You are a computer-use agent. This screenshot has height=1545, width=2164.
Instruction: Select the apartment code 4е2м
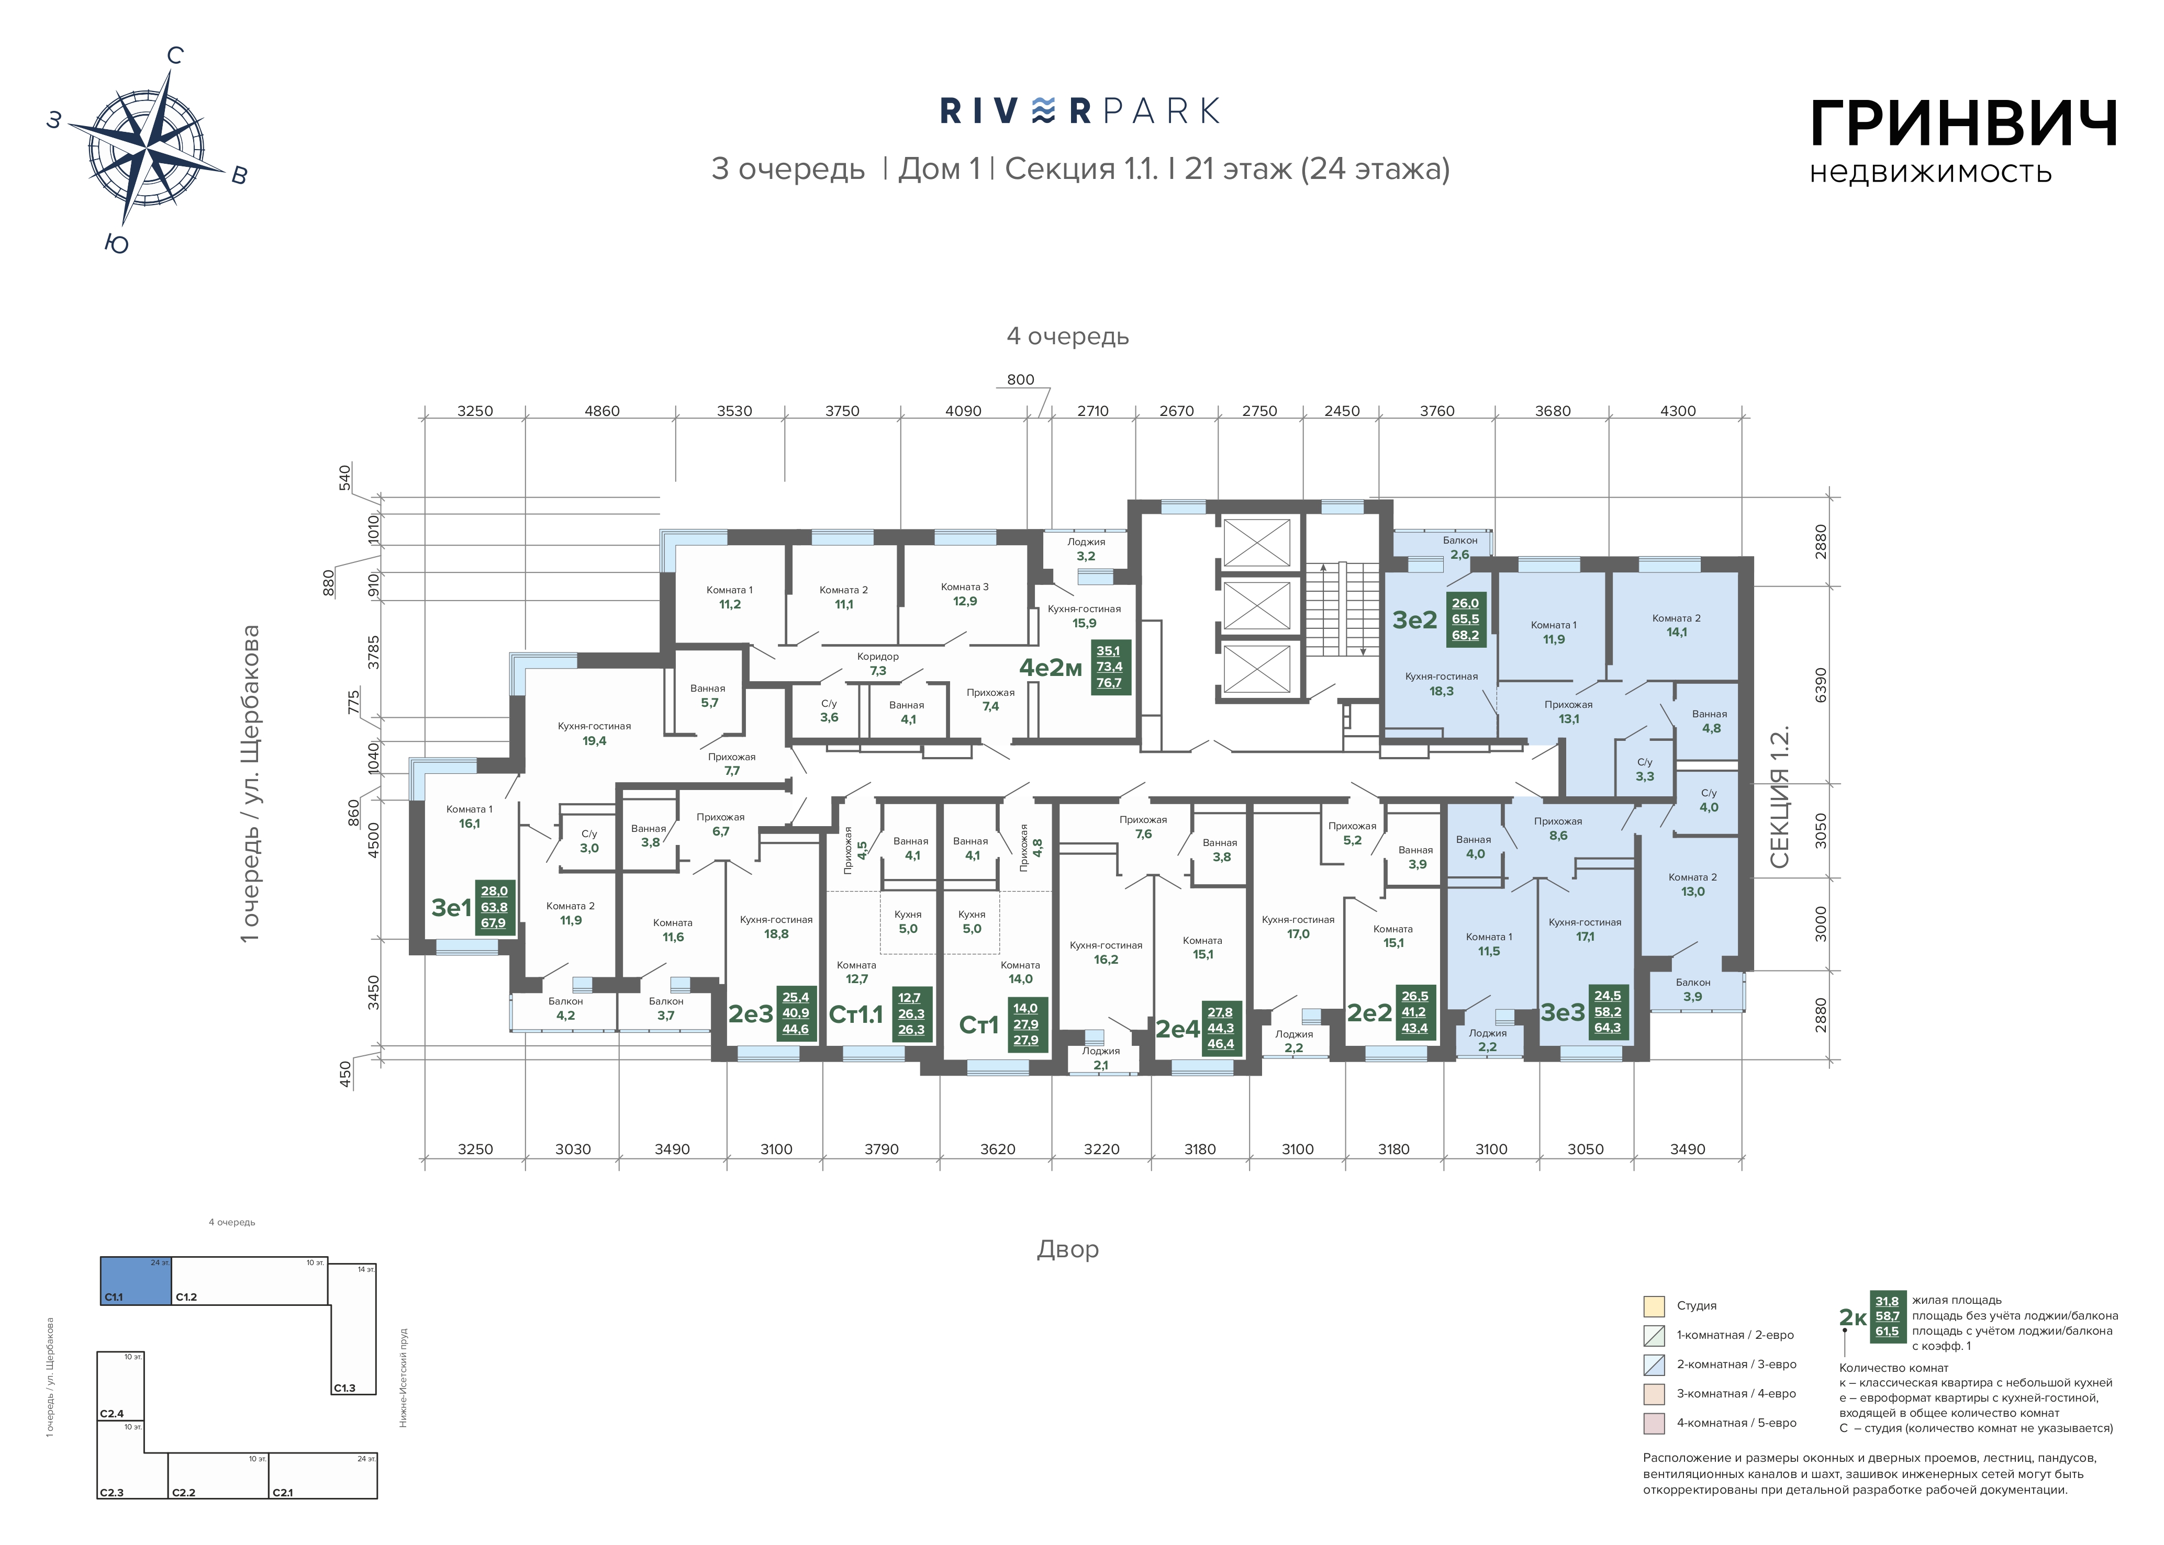[x=1051, y=668]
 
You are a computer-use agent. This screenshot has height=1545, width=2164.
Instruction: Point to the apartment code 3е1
[x=451, y=908]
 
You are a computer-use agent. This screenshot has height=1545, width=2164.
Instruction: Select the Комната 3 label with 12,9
[x=965, y=594]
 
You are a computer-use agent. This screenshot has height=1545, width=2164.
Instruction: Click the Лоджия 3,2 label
[x=1086, y=549]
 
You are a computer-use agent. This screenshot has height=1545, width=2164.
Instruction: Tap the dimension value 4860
[x=601, y=411]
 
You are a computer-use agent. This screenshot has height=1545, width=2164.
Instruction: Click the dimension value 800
[x=1020, y=380]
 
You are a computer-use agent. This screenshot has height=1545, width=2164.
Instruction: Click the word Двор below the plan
[x=1068, y=1249]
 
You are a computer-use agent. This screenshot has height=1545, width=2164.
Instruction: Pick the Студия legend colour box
[x=1654, y=1305]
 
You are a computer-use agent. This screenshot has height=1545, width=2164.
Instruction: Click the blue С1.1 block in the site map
[x=136, y=1280]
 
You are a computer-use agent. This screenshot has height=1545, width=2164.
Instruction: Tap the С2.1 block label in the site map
[x=283, y=1493]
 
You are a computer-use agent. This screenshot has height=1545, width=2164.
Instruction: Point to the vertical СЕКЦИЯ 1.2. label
[x=1780, y=797]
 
